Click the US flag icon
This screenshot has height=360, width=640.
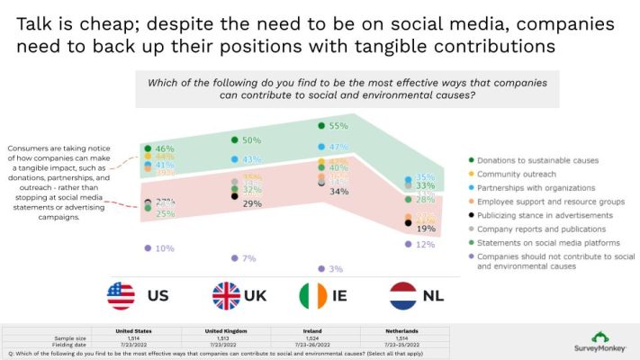(120, 295)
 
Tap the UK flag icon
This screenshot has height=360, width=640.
(226, 295)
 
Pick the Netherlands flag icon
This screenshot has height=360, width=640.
(402, 295)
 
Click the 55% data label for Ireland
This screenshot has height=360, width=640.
(338, 127)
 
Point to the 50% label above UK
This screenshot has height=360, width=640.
(251, 140)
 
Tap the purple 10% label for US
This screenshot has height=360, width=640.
(165, 247)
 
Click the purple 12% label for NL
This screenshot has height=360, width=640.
(426, 244)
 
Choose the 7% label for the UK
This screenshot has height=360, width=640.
(251, 258)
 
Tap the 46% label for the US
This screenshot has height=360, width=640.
(165, 148)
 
